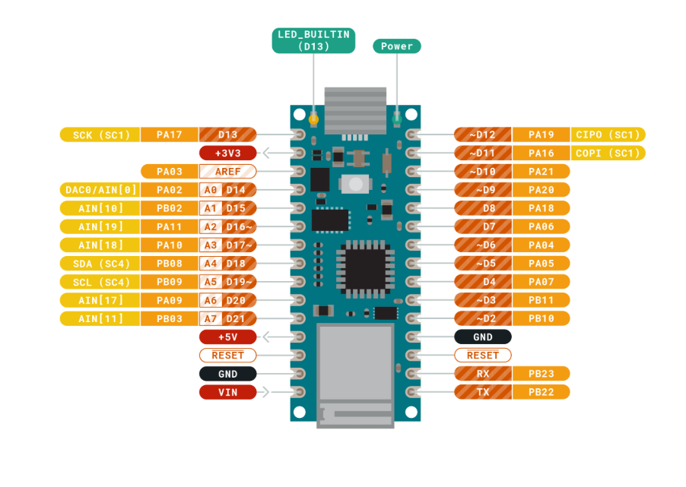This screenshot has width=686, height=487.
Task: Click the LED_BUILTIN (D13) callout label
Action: (313, 41)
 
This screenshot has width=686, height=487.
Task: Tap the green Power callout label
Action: (396, 46)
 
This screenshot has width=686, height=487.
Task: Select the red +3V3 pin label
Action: (227, 153)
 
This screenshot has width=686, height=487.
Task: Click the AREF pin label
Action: (227, 172)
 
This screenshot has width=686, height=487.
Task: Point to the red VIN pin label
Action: (227, 392)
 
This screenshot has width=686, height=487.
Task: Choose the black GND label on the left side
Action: (227, 374)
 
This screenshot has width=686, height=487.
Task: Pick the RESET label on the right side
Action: (482, 356)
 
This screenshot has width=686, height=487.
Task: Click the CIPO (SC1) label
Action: (608, 134)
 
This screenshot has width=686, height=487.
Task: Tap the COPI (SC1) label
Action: (608, 153)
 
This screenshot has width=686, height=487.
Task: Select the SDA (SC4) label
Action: (100, 264)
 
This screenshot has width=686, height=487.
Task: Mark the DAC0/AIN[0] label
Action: (100, 190)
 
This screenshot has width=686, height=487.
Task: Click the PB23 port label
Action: (541, 374)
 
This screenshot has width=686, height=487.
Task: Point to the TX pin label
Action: (482, 392)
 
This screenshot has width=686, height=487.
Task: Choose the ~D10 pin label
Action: (482, 172)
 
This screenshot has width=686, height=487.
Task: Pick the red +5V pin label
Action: (227, 337)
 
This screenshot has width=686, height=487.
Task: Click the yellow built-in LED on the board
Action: (314, 119)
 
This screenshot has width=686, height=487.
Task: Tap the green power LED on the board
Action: (396, 119)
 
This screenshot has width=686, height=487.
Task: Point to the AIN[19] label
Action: (100, 226)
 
